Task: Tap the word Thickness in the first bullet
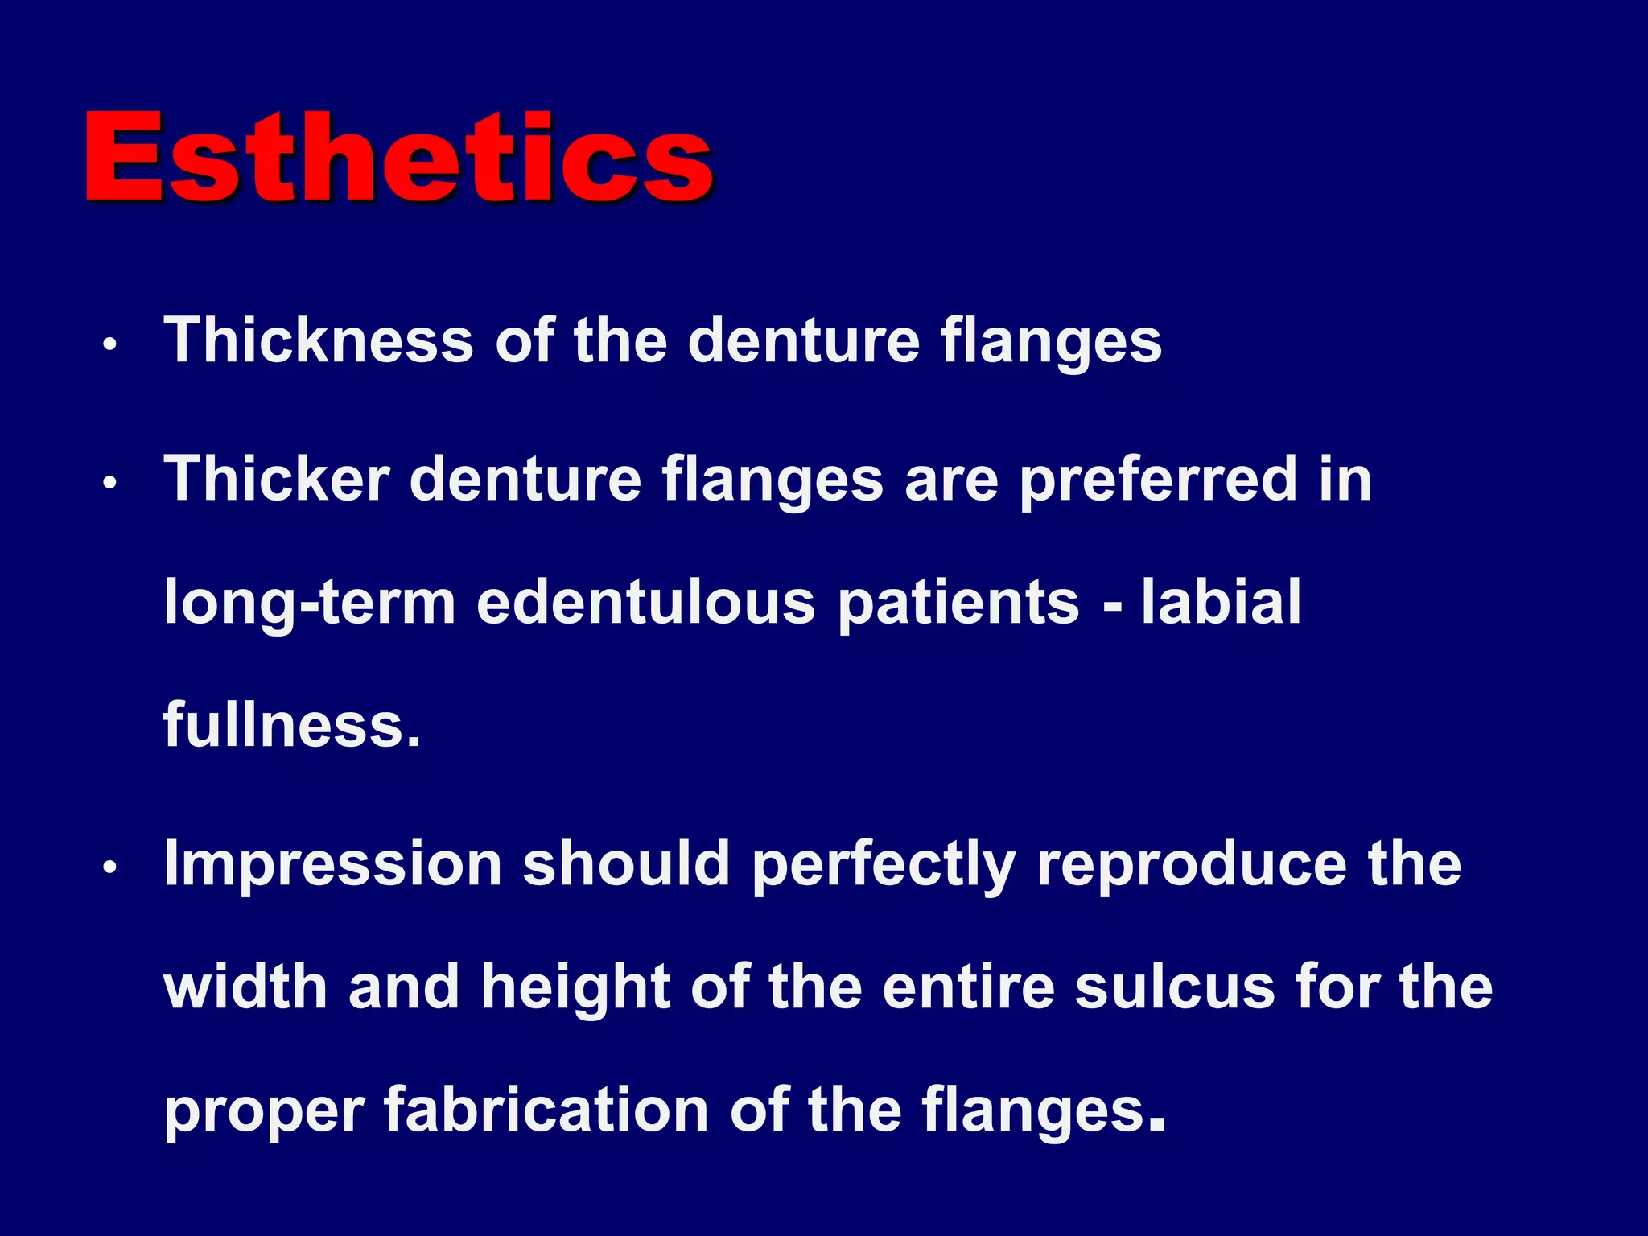319,340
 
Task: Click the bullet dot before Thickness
110,345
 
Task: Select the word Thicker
277,479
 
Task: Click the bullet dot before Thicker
110,484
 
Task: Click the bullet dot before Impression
110,868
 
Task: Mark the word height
575,988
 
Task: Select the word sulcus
1175,988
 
